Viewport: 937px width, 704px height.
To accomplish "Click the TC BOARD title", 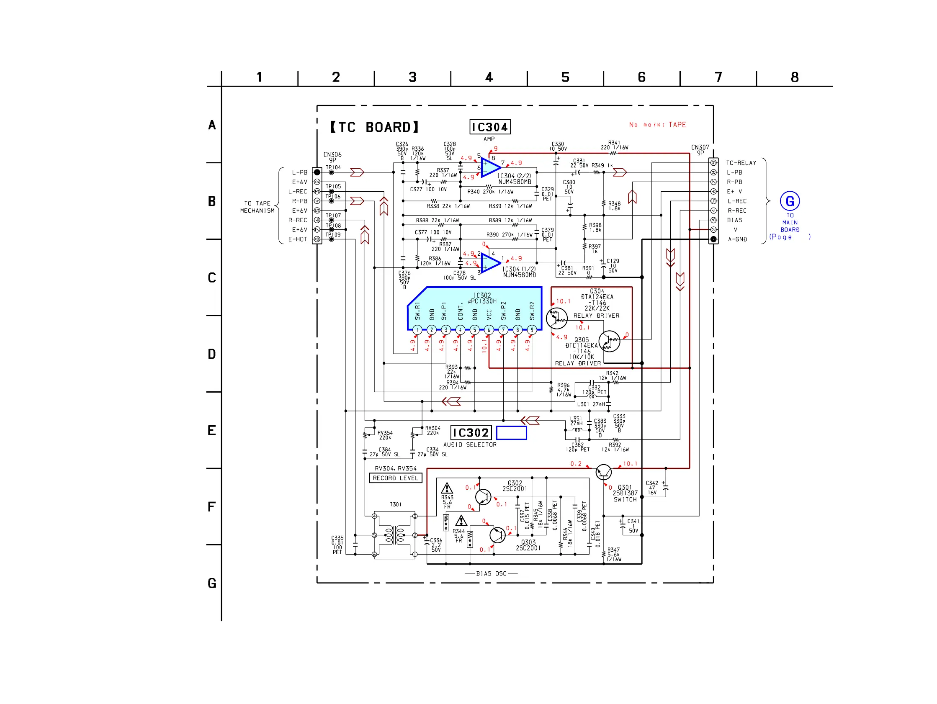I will (x=374, y=127).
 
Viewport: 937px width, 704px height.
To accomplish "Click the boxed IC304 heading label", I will (x=490, y=127).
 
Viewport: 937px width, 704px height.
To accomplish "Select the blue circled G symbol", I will (x=790, y=201).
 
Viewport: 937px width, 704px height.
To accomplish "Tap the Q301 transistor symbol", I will (x=603, y=472).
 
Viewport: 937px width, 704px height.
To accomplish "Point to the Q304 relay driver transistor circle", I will (x=556, y=318).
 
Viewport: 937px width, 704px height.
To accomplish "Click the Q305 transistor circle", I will (x=609, y=342).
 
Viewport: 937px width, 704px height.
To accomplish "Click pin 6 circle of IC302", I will (x=489, y=329).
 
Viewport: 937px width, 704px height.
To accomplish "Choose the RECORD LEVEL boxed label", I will (x=396, y=478).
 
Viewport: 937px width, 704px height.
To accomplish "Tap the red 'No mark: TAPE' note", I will (x=657, y=125).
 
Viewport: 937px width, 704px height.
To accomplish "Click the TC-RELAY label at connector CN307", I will (x=741, y=163).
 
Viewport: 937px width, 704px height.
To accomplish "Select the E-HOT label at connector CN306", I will (x=298, y=239).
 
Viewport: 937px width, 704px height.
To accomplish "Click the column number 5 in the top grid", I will (x=565, y=77).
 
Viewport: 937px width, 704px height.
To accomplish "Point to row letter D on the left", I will (x=212, y=354).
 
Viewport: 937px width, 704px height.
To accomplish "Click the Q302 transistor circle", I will (x=483, y=496).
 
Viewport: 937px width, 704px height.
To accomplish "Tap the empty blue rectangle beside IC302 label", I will (x=511, y=432).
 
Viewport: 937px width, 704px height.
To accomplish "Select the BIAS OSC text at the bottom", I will (x=491, y=573).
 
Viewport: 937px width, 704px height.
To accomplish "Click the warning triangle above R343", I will (x=447, y=488).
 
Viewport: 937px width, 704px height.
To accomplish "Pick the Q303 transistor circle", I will (x=497, y=535).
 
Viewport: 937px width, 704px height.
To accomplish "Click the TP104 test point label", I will (x=333, y=167).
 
